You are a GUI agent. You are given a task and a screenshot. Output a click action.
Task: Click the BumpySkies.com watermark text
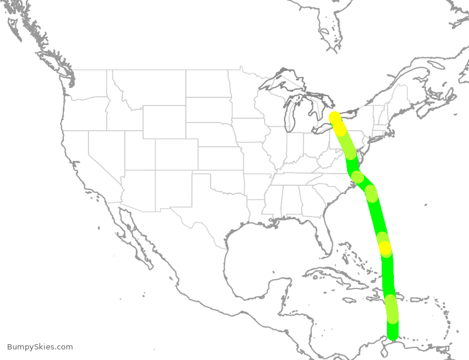[40, 347]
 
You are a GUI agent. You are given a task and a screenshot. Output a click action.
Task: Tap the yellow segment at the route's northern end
[337, 121]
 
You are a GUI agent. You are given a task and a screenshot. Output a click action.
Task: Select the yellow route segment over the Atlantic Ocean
[385, 249]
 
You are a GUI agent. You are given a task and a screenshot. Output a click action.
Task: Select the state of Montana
[149, 88]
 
